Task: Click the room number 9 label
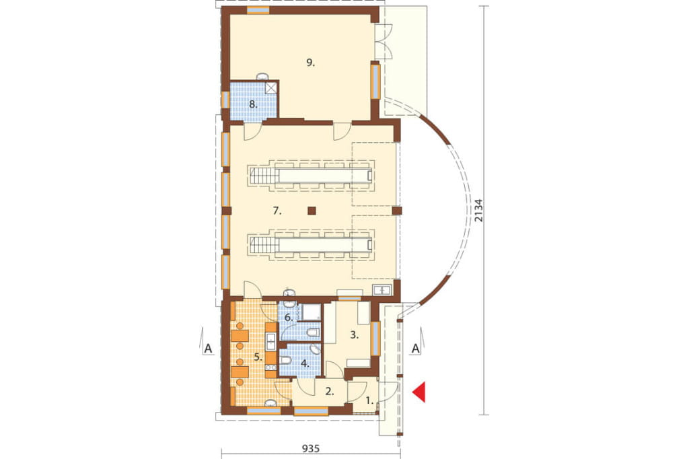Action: [311, 63]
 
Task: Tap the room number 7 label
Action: [277, 211]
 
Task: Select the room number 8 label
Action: [253, 104]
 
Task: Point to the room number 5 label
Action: [258, 357]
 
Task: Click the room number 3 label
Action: [354, 335]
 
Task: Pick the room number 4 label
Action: [305, 363]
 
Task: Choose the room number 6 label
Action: [289, 317]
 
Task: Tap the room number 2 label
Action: [329, 391]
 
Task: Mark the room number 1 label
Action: [370, 400]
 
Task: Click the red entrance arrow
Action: [420, 392]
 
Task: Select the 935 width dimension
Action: [310, 449]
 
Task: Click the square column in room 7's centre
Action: [312, 211]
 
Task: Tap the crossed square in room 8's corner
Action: [271, 87]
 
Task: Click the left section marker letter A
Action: [208, 349]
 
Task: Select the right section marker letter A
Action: [415, 349]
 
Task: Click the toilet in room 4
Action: [285, 361]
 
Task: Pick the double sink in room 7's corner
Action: [382, 290]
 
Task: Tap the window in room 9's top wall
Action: [258, 11]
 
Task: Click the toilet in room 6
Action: [312, 332]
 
